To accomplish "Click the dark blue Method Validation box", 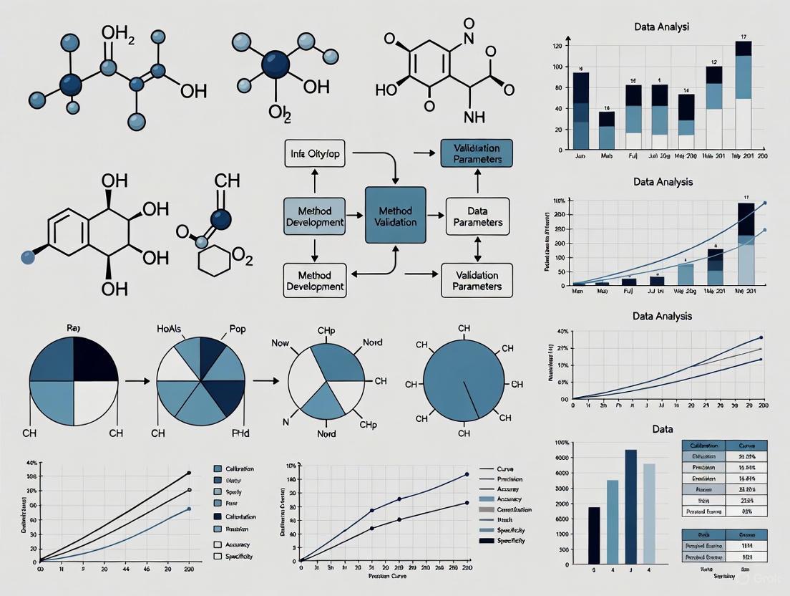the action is (x=395, y=218).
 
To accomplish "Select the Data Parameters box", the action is (x=477, y=216).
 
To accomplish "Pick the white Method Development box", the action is (x=315, y=280).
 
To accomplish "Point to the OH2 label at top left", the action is (x=119, y=34).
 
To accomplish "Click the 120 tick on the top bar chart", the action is (x=556, y=46).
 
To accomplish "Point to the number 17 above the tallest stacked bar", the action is (x=743, y=37).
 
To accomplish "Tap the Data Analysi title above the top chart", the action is (x=662, y=27).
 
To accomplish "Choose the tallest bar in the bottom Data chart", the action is (x=630, y=506).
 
